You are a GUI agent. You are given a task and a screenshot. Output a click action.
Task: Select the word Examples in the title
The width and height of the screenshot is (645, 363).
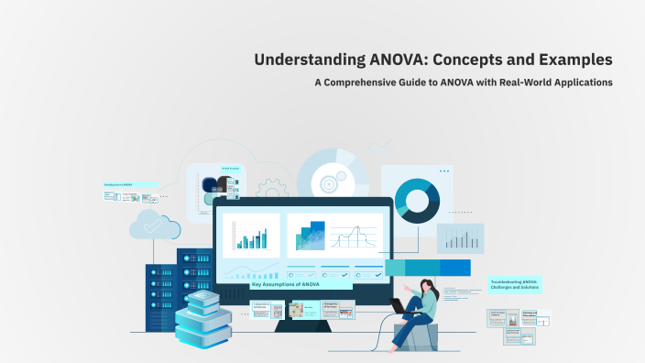click(574, 60)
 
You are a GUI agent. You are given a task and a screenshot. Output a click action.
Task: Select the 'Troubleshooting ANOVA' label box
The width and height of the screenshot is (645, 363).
click(515, 285)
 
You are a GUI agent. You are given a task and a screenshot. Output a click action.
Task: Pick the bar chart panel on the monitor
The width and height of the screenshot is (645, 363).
click(250, 236)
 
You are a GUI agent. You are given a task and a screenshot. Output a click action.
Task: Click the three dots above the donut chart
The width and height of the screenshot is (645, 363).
click(444, 170)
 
